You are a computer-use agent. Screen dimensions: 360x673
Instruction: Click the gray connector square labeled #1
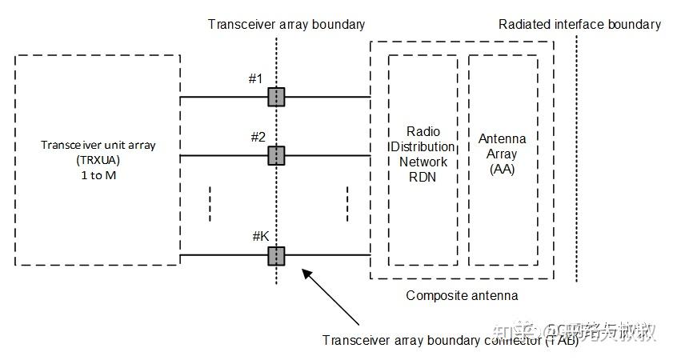[276, 98]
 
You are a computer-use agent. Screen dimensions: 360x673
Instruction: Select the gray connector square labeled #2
[276, 155]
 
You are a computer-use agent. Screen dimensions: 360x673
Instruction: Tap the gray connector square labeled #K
[276, 255]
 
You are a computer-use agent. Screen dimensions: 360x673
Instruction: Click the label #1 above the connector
[256, 78]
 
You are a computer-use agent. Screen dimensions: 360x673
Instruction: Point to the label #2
[257, 137]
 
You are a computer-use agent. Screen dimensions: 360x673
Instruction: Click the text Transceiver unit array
[98, 145]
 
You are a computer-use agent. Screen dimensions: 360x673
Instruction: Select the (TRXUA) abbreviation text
[98, 159]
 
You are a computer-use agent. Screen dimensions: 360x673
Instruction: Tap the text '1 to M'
[98, 174]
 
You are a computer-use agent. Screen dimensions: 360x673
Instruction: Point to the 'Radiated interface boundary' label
[579, 24]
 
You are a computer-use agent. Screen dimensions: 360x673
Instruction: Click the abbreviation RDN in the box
[423, 177]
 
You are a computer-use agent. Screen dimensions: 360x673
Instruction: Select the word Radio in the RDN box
[423, 132]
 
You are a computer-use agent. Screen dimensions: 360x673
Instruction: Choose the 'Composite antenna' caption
[462, 295]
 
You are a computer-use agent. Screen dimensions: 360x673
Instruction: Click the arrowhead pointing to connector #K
[305, 273]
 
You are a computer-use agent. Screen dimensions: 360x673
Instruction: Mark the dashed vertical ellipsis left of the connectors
[210, 204]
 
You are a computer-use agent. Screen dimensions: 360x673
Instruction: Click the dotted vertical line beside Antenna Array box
[575, 160]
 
